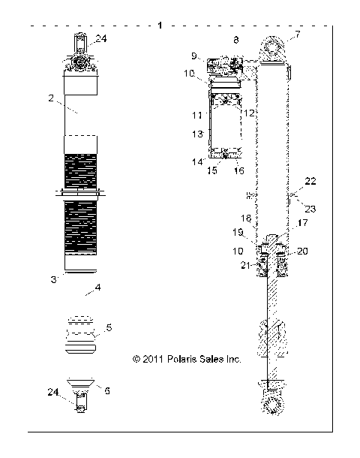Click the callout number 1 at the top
[160, 26]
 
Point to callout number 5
[109, 328]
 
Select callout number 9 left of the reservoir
[194, 56]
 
